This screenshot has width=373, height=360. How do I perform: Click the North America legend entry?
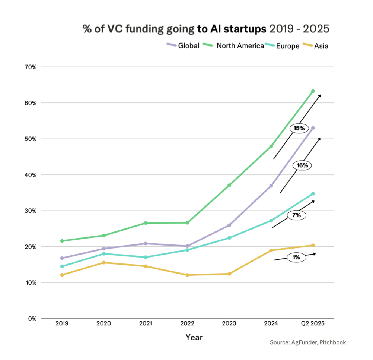(x=235, y=46)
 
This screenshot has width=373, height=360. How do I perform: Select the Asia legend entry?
(x=316, y=46)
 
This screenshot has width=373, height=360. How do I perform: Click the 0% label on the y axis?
(x=32, y=319)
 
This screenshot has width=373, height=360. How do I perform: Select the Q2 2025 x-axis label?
(x=313, y=323)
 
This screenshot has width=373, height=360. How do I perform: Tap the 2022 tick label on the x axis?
(x=187, y=323)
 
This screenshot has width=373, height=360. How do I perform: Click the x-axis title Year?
(x=194, y=338)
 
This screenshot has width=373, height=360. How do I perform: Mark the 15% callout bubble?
(x=299, y=128)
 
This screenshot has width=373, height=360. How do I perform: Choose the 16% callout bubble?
(x=302, y=165)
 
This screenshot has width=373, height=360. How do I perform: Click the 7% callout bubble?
(x=296, y=215)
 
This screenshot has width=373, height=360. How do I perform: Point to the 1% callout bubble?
(x=296, y=257)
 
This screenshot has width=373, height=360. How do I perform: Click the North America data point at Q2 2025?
(x=313, y=91)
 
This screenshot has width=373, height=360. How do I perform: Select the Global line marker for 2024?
(x=271, y=186)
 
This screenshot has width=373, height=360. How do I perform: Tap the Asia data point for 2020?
(x=103, y=263)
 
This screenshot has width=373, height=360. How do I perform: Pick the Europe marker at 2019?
(x=62, y=266)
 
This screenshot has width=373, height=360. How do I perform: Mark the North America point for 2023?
(x=229, y=185)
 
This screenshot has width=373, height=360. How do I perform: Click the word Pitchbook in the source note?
(x=333, y=342)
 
